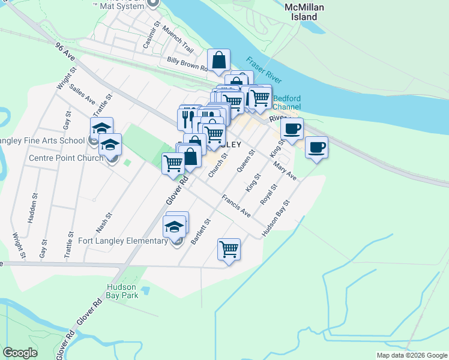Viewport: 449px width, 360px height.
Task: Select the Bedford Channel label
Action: tap(286, 103)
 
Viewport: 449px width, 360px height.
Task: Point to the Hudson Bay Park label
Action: tap(122, 291)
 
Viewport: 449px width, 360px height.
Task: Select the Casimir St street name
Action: tap(151, 36)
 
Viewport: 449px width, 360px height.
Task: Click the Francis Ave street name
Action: tap(236, 205)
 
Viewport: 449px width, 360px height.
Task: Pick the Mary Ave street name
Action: tap(284, 171)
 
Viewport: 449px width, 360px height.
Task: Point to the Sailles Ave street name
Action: tap(82, 95)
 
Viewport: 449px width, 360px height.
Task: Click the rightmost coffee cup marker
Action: tap(316, 147)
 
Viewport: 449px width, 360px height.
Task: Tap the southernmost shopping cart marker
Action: tap(229, 248)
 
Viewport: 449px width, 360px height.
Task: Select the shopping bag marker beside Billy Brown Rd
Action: tap(219, 60)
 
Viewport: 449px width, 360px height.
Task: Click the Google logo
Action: tap(20, 353)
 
